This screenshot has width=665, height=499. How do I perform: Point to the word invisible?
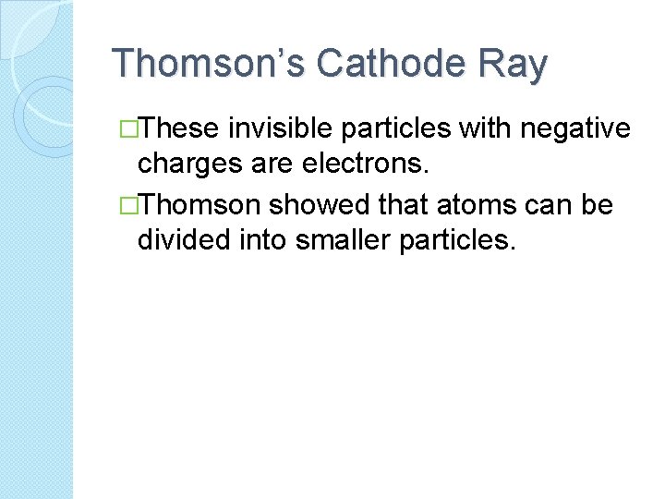tap(294, 130)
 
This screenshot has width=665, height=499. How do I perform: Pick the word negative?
tap(576, 130)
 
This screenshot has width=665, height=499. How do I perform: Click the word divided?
tap(182, 238)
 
